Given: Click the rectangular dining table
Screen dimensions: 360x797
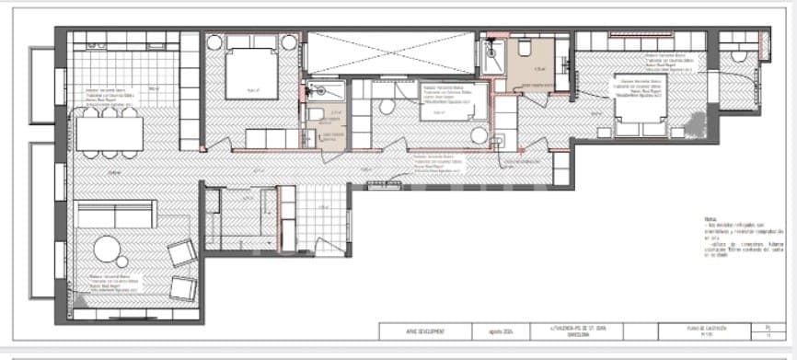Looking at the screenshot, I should pyautogui.click(x=109, y=134).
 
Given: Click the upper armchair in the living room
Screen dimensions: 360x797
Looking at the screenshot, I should pyautogui.click(x=181, y=252).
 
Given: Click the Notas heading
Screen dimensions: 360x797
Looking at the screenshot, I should pyautogui.click(x=709, y=217).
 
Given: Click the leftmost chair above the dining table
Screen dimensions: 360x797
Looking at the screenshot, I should pyautogui.click(x=91, y=111).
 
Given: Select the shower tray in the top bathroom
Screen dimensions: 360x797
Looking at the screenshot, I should pyautogui.click(x=488, y=59).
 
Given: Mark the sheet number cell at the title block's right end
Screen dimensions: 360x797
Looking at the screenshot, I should pyautogui.click(x=768, y=331).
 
